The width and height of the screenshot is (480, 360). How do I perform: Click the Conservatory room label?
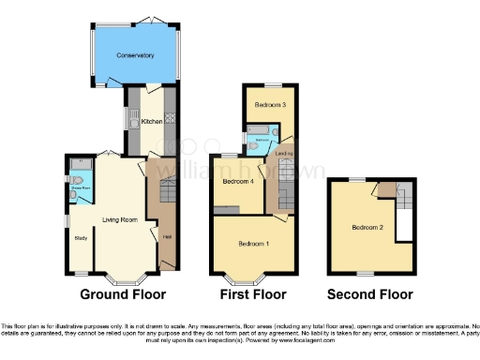click(135, 56)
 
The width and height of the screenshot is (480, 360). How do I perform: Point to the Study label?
click(81, 236)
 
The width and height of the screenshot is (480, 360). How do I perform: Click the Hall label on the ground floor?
click(166, 236)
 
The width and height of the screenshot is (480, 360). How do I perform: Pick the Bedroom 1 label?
click(253, 244)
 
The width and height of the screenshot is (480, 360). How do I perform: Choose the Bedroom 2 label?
click(367, 227)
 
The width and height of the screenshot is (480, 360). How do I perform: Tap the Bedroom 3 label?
click(268, 105)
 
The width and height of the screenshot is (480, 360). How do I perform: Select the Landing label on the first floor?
click(284, 153)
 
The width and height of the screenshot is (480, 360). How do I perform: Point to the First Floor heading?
click(252, 294)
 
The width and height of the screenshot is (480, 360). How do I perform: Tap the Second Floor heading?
click(370, 294)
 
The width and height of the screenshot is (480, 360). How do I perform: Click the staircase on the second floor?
click(404, 202)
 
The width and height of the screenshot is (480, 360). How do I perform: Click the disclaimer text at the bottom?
click(240, 328)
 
